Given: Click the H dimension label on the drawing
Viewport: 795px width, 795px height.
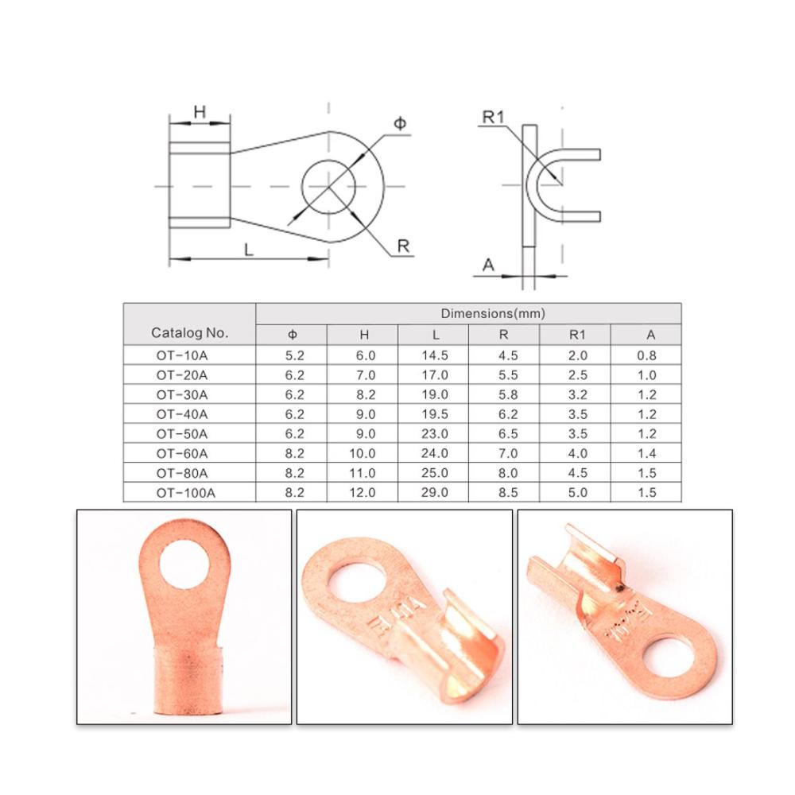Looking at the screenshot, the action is click(x=200, y=111).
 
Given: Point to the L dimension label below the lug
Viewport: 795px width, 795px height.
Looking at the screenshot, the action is click(x=248, y=250).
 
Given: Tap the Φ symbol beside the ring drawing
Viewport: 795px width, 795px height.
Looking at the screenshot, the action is click(x=400, y=123).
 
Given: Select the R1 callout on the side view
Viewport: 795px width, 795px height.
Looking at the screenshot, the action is click(x=494, y=117).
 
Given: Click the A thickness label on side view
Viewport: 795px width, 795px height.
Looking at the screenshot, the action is click(x=488, y=265).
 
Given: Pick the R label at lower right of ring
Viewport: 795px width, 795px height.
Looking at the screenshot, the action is click(x=403, y=246).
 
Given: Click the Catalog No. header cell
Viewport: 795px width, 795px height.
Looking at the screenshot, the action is click(x=190, y=332).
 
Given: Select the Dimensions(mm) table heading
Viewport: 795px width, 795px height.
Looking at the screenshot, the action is click(x=493, y=313).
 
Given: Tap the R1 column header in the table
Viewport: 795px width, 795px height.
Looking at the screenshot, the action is click(x=577, y=335).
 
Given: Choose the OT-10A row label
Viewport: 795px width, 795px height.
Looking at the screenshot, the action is click(x=182, y=355).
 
